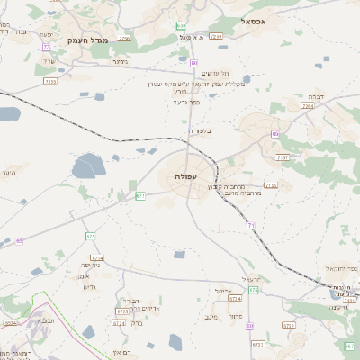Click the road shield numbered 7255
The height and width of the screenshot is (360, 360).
click(49, 81)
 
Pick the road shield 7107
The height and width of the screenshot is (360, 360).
click(283, 158)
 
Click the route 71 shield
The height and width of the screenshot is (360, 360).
click(250, 225)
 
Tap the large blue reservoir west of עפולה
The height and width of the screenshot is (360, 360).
click(88, 166)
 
